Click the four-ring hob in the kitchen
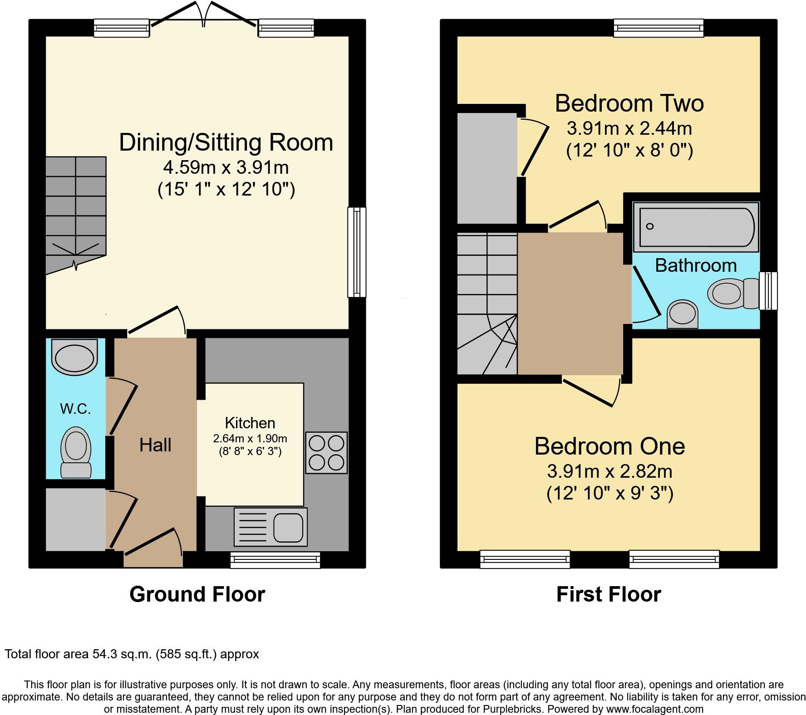click(326, 452)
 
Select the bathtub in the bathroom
click(695, 227)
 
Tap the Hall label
click(155, 445)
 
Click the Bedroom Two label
click(629, 103)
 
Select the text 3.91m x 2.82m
click(609, 472)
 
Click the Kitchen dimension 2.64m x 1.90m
click(250, 439)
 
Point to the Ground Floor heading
click(197, 594)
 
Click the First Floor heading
click(609, 594)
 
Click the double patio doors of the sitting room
click(204, 18)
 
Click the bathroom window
click(768, 291)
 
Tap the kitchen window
click(275, 560)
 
